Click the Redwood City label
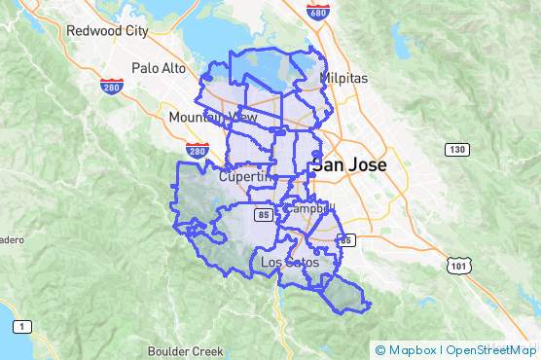107,30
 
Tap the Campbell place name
308,207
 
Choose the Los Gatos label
289,263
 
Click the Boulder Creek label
185,350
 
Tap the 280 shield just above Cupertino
198,152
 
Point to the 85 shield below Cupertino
264,211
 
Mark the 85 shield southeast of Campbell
347,239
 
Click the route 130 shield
456,149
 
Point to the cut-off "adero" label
11,238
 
